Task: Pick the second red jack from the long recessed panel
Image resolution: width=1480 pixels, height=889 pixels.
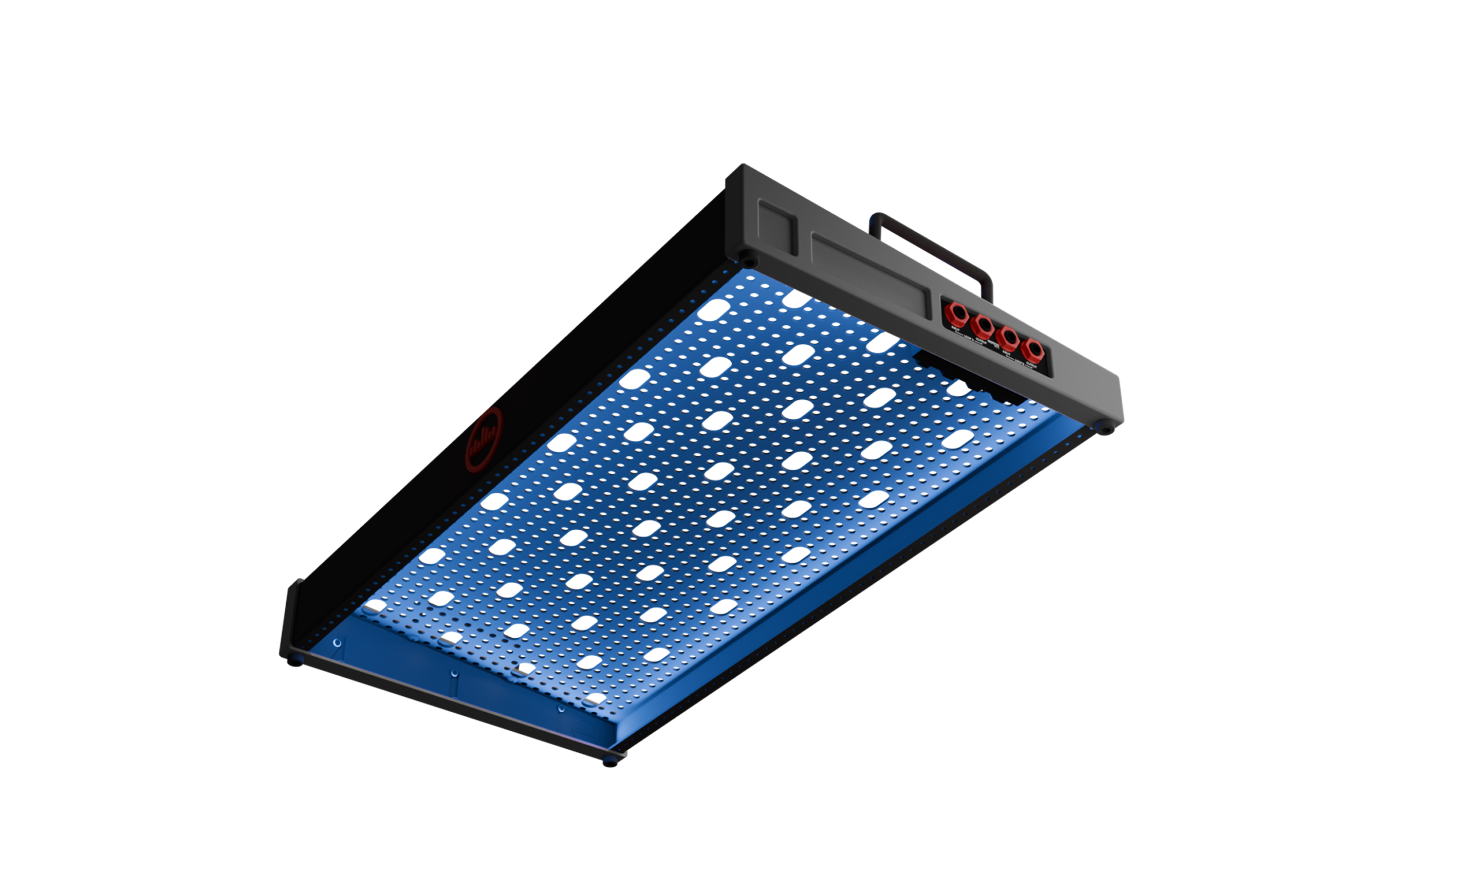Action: pos(982,325)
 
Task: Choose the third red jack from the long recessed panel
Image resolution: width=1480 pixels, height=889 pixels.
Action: pos(1008,337)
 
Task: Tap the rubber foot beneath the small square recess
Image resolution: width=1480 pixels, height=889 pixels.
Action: pos(748,262)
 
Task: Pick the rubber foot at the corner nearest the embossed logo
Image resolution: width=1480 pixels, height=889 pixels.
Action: pos(608,762)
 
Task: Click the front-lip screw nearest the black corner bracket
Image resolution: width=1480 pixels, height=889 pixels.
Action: pos(337,643)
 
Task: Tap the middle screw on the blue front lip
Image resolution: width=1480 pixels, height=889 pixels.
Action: pos(453,673)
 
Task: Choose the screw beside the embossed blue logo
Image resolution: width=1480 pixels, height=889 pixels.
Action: pos(561,709)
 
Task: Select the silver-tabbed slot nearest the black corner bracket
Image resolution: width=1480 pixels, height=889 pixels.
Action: pos(373,609)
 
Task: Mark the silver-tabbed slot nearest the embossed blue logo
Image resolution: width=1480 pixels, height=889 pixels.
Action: pos(593,700)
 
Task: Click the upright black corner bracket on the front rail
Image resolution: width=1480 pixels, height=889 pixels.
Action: pos(292,617)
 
